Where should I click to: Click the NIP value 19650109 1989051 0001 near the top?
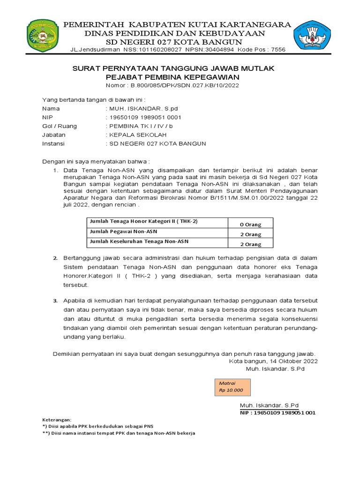[x=144, y=117]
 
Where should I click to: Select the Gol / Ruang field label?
[x=60, y=126]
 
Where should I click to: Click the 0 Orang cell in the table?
[x=250, y=225]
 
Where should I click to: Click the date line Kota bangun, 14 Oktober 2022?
[x=273, y=361]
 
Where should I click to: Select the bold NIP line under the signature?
[x=277, y=413]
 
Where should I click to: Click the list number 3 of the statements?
[x=55, y=300]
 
